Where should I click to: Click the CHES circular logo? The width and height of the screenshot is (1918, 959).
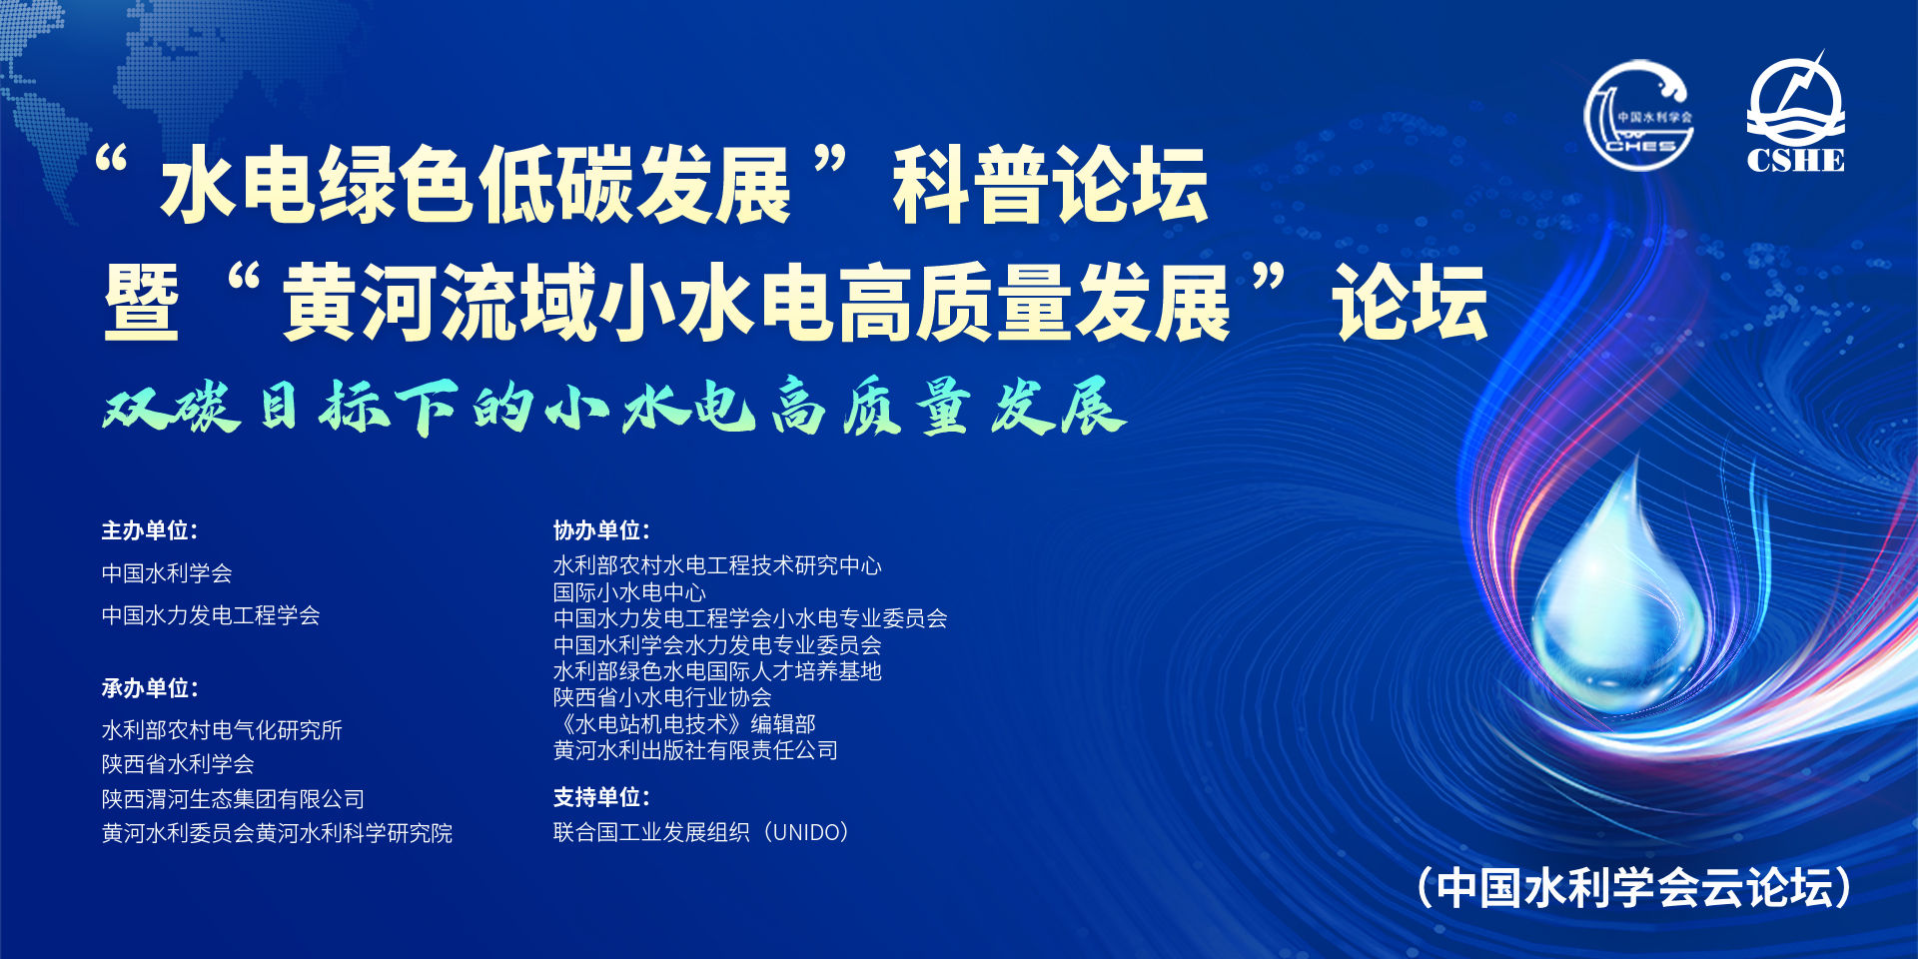1638,115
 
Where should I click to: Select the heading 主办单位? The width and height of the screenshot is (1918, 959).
150,530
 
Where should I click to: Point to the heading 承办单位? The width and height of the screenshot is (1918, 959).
150,688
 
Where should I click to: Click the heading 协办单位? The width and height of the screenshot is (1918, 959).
601,530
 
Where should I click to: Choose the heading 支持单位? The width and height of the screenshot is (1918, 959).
601,797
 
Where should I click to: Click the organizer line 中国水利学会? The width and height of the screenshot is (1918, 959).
167,573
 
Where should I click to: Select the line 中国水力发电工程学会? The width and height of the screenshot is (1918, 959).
211,615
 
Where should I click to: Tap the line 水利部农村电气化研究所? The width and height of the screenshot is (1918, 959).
222,730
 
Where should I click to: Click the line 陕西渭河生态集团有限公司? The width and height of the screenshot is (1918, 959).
233,799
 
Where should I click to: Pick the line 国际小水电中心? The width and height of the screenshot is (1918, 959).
629,592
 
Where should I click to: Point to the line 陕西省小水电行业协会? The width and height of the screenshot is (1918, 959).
662,697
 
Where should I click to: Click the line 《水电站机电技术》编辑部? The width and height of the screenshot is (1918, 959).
684,723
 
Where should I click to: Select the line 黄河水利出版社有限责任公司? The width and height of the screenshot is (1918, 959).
695,750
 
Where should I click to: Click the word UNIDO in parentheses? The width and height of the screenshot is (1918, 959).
805,832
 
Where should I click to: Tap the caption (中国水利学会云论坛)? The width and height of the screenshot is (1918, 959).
1634,887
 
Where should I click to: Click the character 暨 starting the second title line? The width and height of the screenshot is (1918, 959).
142,303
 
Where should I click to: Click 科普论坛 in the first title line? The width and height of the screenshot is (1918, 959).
1051,185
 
